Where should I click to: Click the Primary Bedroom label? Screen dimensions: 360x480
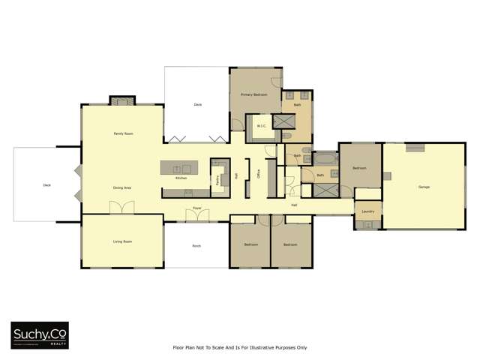254,95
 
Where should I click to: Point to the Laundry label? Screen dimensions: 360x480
367,211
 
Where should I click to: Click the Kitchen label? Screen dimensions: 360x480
181,178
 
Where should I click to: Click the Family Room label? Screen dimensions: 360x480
123,133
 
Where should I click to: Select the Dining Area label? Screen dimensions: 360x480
122,187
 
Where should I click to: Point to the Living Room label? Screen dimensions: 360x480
122,241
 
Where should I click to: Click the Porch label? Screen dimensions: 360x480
196,245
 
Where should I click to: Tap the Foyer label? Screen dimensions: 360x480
197,208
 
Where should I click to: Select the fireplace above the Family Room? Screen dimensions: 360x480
121,100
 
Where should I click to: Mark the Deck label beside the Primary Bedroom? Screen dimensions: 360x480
198,104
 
